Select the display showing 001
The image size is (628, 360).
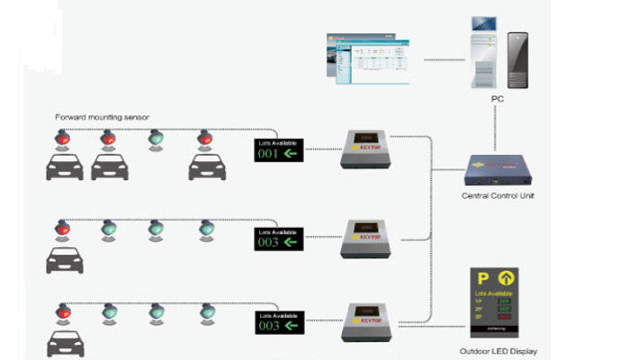[x=278, y=150]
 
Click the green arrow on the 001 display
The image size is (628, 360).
[x=291, y=154]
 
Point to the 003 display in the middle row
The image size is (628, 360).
[x=278, y=238]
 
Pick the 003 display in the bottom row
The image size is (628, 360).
[x=278, y=322]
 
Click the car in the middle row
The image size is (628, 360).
[x=63, y=260]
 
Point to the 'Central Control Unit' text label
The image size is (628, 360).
[x=498, y=195]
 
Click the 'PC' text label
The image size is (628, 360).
[x=497, y=98]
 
